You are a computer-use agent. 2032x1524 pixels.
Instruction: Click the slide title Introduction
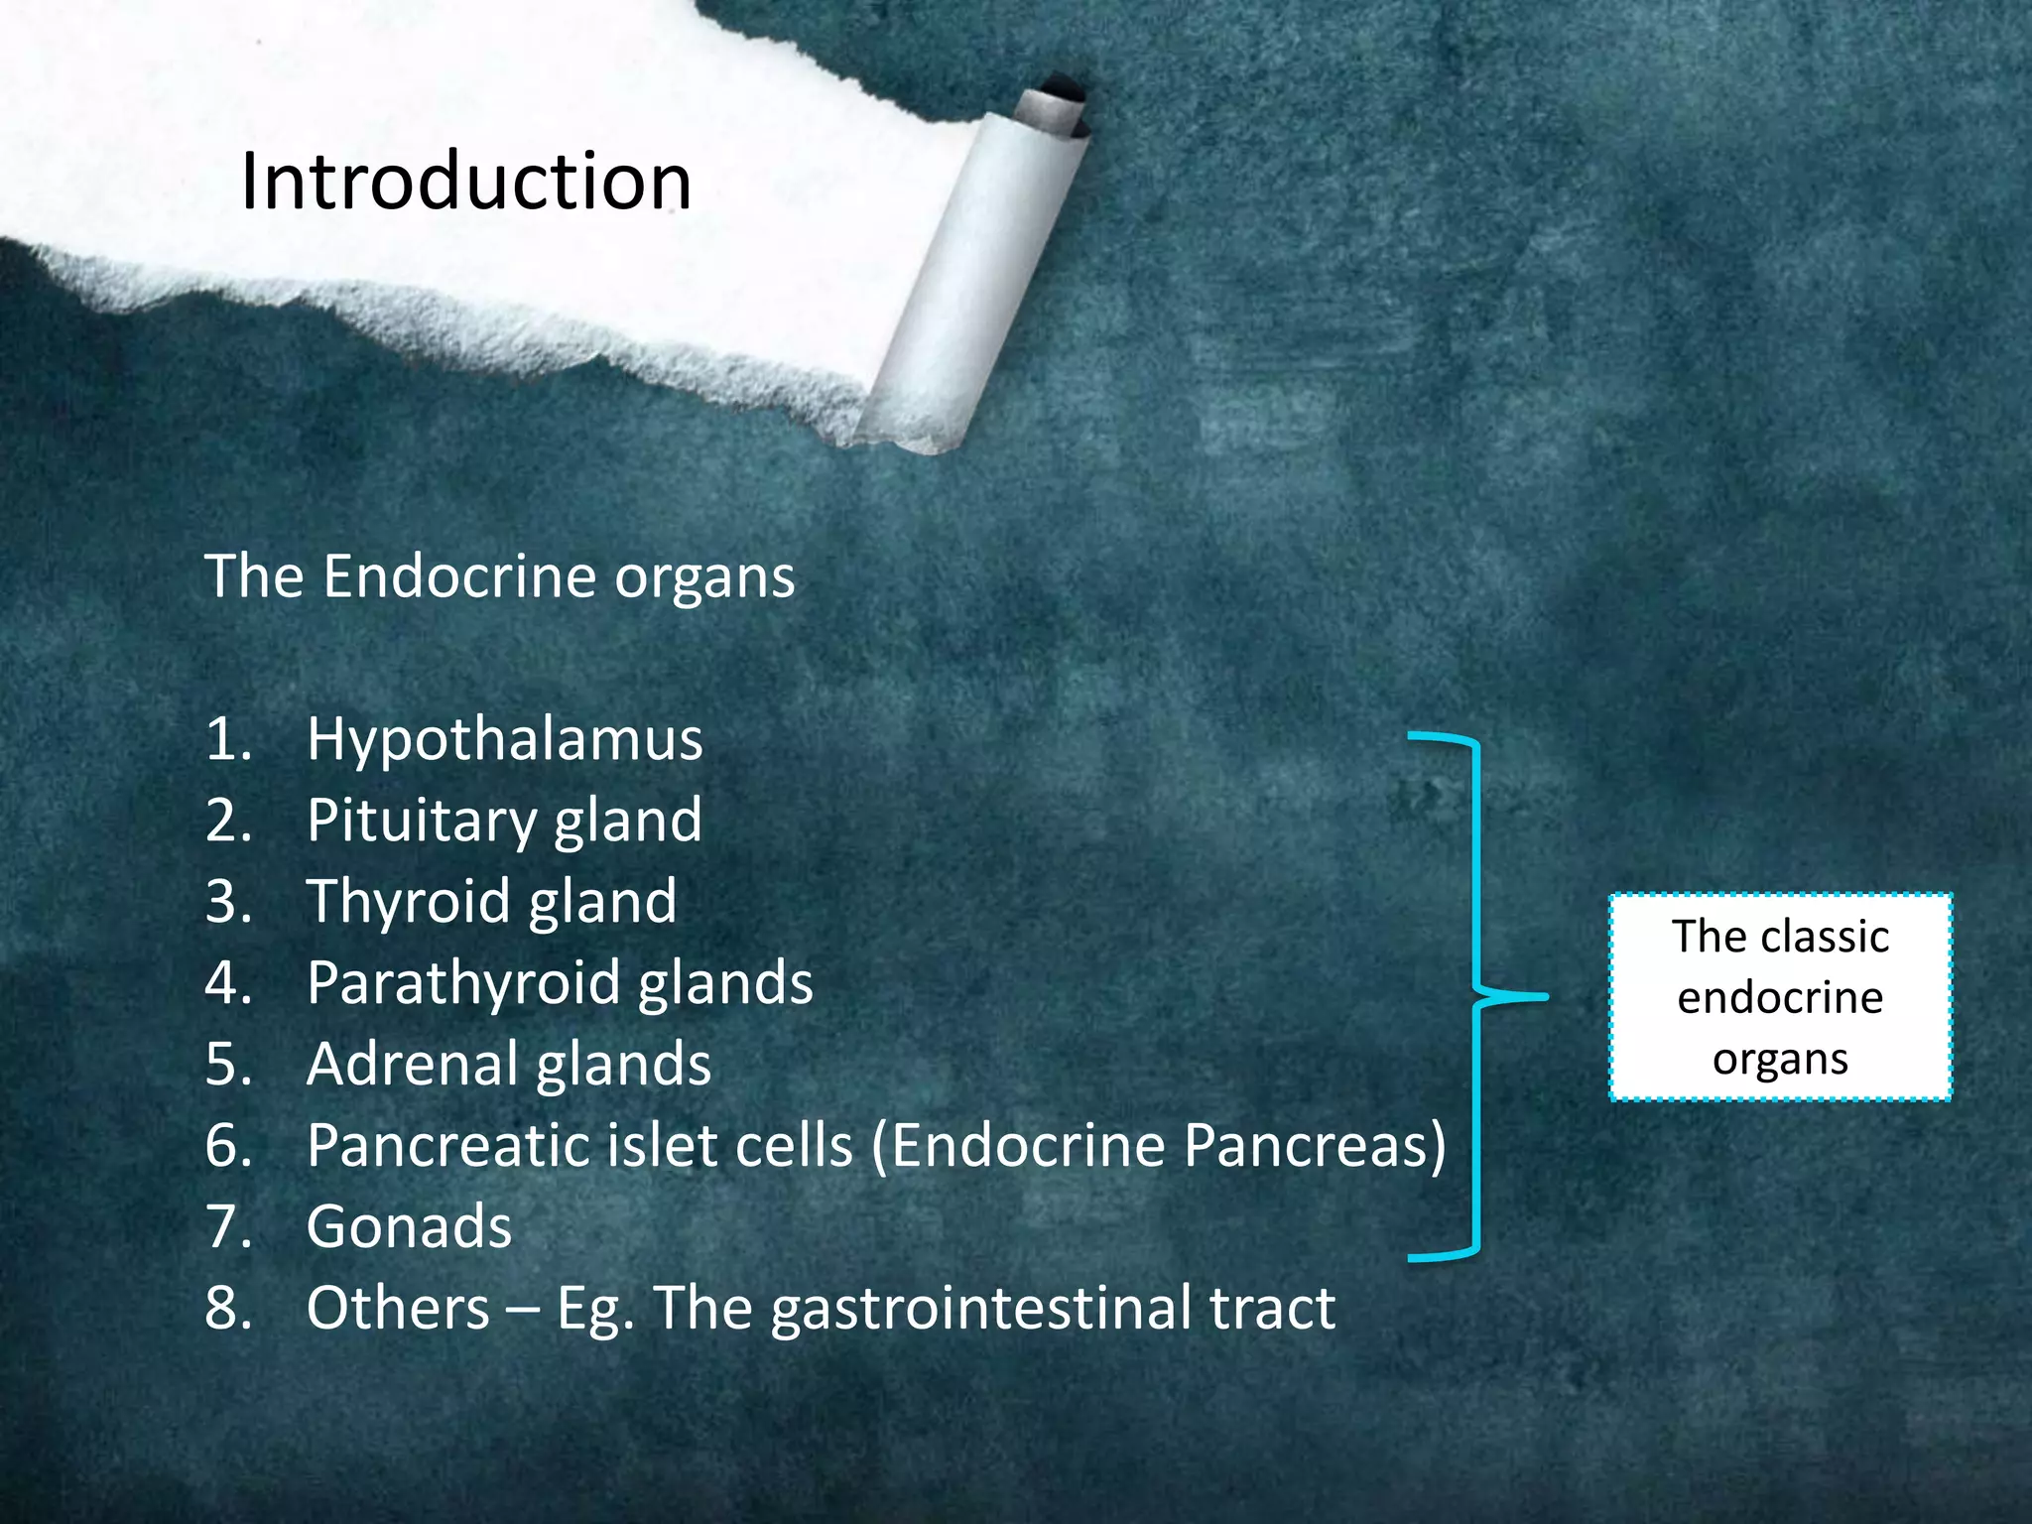click(465, 182)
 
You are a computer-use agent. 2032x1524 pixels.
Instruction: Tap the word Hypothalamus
click(504, 740)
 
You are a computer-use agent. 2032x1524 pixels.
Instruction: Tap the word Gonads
click(409, 1227)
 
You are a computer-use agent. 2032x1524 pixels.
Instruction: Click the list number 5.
click(227, 1065)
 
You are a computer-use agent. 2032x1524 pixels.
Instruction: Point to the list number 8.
click(227, 1309)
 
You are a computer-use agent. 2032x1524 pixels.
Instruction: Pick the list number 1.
click(227, 740)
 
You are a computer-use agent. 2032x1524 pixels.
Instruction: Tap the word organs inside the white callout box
click(1780, 1060)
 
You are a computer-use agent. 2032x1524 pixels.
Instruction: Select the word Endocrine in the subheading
click(458, 576)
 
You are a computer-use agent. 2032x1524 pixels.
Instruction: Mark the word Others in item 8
click(398, 1309)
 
